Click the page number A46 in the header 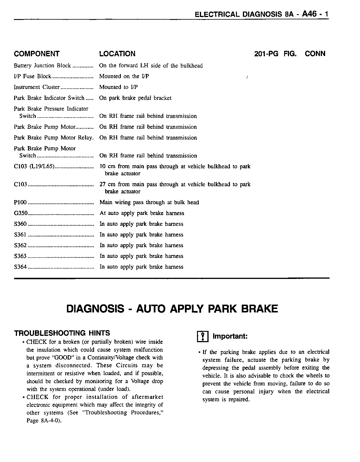(x=310, y=14)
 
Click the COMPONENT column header (x=37, y=54)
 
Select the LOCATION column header (x=117, y=54)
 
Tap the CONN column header (x=315, y=54)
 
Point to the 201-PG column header (x=266, y=54)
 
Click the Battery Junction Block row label (x=42, y=66)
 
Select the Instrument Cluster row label (x=37, y=87)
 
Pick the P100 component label (x=20, y=202)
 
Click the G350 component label (x=20, y=213)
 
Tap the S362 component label (x=20, y=245)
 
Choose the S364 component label (x=20, y=267)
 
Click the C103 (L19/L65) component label (x=34, y=167)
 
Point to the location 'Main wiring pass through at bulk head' (x=149, y=202)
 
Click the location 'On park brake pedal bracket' (x=135, y=98)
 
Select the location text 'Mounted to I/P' (x=119, y=87)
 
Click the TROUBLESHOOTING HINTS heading (x=62, y=333)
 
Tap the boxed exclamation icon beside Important (x=203, y=337)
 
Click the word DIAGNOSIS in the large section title (x=95, y=309)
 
